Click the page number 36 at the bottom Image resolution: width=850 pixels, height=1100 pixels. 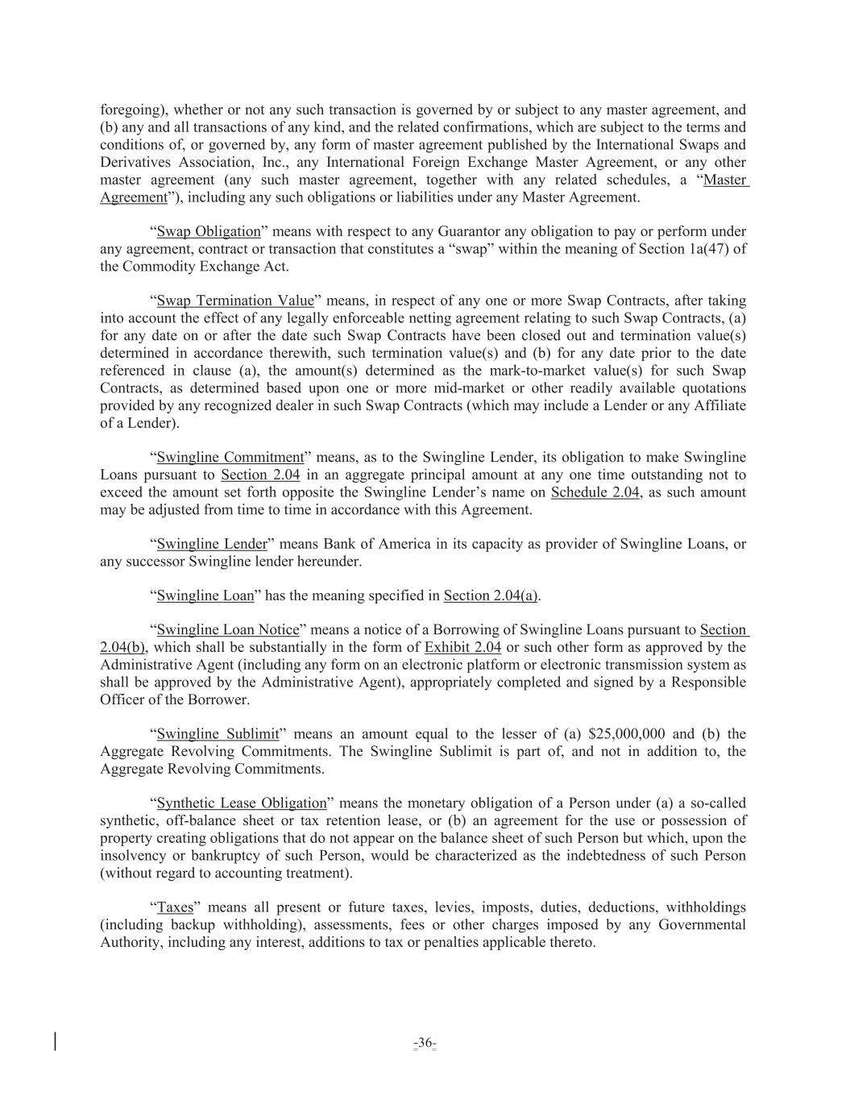(425, 1044)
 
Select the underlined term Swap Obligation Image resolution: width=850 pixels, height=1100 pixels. (209, 232)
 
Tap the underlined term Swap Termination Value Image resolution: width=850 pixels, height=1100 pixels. (235, 301)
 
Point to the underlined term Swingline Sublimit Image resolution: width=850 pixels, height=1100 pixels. (218, 734)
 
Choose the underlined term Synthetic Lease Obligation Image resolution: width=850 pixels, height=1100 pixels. (242, 803)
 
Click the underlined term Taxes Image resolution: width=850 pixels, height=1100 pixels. (175, 907)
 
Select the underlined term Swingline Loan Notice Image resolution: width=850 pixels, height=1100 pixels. (228, 630)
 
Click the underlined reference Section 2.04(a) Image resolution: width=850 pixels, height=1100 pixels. (491, 596)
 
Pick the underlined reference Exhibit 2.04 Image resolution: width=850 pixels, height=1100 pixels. (462, 648)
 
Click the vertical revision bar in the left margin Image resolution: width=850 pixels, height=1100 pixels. (56, 1041)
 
